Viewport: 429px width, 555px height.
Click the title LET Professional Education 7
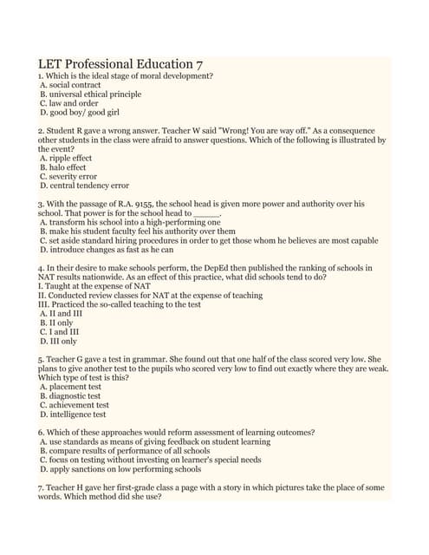121,64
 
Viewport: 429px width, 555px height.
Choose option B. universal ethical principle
90,95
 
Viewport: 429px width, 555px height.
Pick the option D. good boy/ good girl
80,113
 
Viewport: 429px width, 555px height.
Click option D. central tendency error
84,186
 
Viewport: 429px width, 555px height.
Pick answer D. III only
58,341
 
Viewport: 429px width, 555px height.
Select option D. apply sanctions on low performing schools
120,468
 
